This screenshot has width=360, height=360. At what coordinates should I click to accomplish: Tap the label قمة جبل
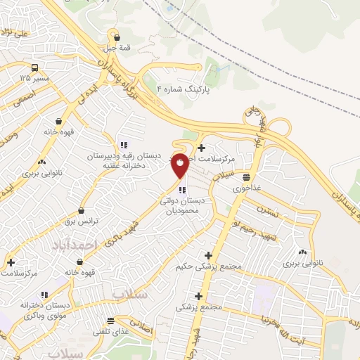[117, 49]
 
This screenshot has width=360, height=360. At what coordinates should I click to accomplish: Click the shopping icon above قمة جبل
[117, 38]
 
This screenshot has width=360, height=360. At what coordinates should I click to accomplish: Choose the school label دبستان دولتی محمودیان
[182, 205]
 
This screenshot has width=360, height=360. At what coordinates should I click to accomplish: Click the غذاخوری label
[247, 188]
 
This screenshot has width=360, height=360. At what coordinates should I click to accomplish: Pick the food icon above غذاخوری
[247, 176]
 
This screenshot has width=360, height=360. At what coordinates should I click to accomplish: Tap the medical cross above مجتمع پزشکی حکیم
[208, 255]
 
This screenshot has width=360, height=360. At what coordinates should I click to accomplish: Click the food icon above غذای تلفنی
[110, 320]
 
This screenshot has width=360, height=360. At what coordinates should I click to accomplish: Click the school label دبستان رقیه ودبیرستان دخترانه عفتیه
[125, 160]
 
